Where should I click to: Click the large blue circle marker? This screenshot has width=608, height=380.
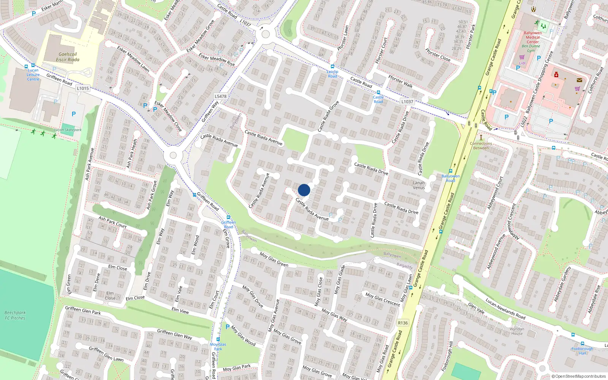click(304, 190)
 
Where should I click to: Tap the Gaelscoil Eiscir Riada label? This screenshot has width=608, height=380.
click(68, 57)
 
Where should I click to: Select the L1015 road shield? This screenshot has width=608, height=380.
click(82, 89)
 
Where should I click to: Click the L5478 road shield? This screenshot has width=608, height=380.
click(220, 97)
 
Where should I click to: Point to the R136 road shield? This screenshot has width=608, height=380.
click(403, 323)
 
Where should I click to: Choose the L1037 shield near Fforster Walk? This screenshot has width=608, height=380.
click(407, 101)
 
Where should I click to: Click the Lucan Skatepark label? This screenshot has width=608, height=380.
click(68, 130)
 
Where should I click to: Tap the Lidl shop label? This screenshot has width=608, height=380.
click(522, 63)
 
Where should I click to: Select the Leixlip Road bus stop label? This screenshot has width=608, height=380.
click(332, 74)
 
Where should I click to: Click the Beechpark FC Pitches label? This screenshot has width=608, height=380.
click(15, 315)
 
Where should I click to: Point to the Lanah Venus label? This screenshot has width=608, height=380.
click(419, 185)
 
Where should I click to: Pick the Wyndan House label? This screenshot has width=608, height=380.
click(517, 331)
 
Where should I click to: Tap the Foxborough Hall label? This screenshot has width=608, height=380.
click(582, 351)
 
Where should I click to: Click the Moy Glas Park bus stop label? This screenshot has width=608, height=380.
click(218, 347)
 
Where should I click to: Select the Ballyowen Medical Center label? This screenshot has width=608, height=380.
click(533, 37)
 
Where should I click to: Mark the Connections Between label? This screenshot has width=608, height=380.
click(481, 146)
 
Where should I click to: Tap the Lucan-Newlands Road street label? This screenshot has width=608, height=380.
click(505, 308)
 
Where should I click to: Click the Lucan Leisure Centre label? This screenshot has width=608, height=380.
click(33, 74)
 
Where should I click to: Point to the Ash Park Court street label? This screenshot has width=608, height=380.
click(112, 222)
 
